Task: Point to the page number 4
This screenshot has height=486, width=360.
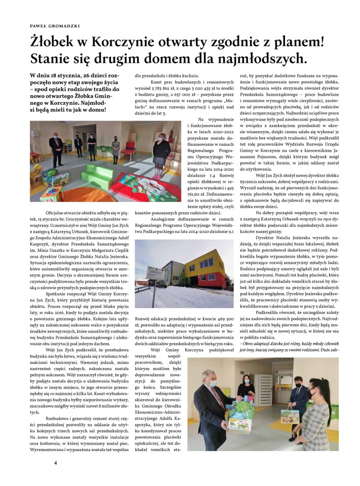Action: point(56,462)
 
